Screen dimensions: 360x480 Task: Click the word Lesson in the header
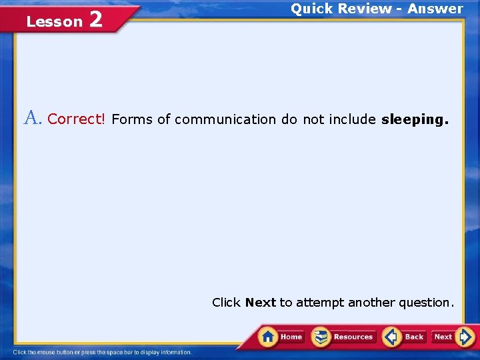tap(54, 22)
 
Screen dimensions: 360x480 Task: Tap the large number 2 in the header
tap(95, 20)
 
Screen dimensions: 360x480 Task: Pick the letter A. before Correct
tap(33, 119)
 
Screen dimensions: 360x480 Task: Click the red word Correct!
tap(77, 119)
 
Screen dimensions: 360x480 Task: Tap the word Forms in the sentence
tap(132, 119)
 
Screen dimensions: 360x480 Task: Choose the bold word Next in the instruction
tap(260, 303)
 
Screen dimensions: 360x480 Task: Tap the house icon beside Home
tap(269, 336)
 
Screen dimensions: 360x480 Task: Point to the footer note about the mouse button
tap(102, 352)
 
